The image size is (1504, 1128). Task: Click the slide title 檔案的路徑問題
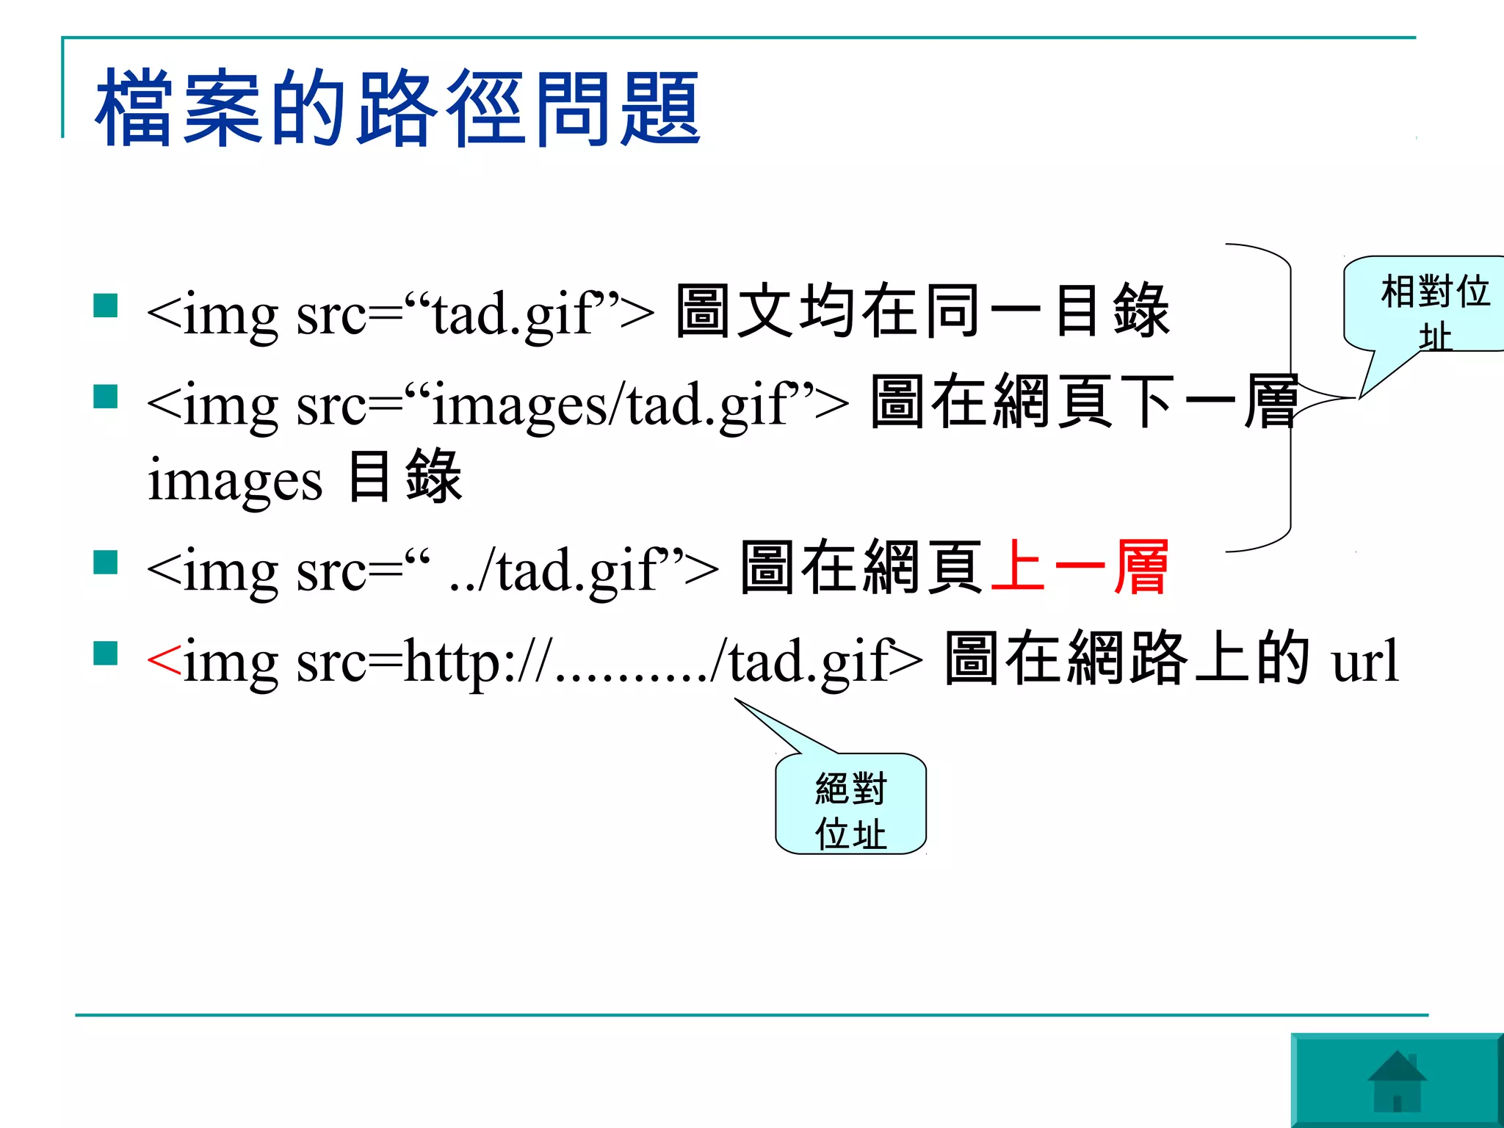[397, 108]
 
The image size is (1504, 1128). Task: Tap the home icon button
[1396, 1080]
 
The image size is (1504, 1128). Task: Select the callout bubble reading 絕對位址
[850, 807]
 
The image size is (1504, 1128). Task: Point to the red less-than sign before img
[163, 660]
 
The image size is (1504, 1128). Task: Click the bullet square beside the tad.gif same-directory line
[106, 305]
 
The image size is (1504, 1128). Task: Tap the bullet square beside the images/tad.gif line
[106, 397]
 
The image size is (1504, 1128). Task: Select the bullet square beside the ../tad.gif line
[106, 563]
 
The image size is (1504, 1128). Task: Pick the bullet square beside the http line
[106, 653]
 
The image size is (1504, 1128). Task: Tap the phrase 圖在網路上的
[1127, 659]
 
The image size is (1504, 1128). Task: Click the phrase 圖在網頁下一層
[1084, 402]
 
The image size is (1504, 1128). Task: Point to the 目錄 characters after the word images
[405, 477]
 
